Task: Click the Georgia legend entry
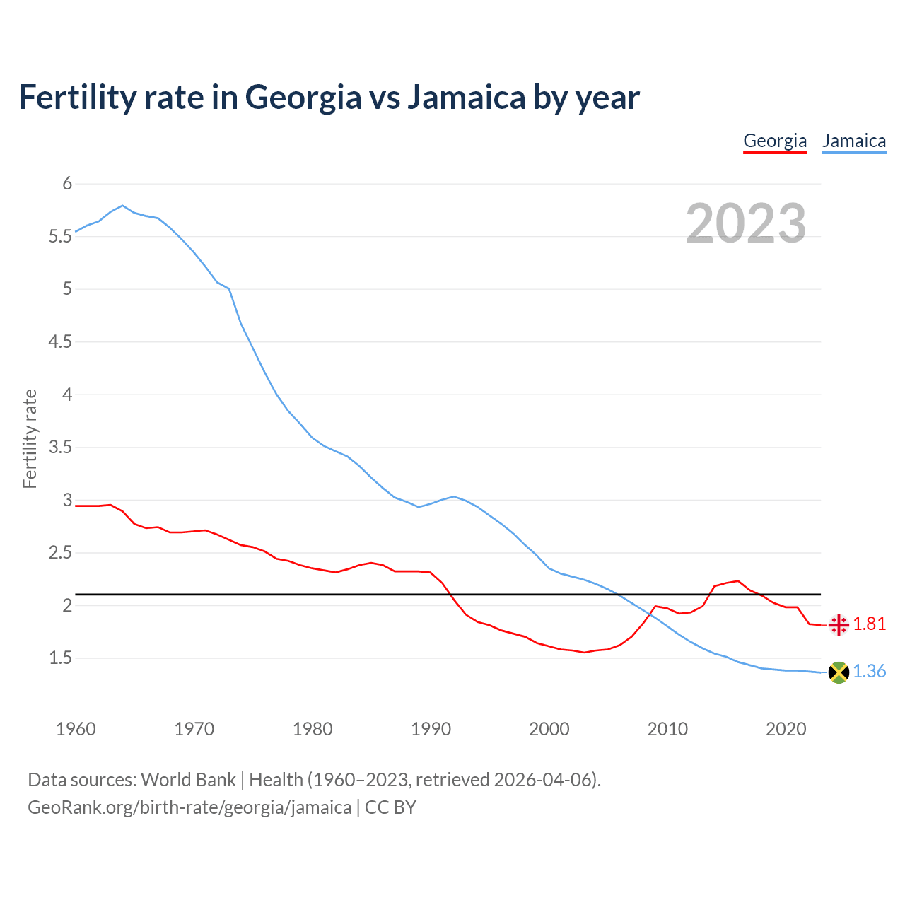775,141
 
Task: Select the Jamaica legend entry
854,141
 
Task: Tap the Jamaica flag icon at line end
839,672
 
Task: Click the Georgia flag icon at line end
839,625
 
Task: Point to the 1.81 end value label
869,624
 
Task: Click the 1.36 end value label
869,671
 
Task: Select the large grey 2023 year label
746,223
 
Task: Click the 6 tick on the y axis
68,184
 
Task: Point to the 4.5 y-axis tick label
61,342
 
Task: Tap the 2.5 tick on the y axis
61,553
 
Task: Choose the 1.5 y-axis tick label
61,658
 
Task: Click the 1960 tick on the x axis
76,729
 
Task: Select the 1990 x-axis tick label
431,729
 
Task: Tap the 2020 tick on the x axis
786,729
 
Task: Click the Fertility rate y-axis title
30,438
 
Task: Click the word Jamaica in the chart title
466,98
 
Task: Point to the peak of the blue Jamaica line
123,206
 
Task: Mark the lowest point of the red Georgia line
584,652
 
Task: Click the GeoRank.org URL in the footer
189,807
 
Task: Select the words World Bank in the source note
188,780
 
